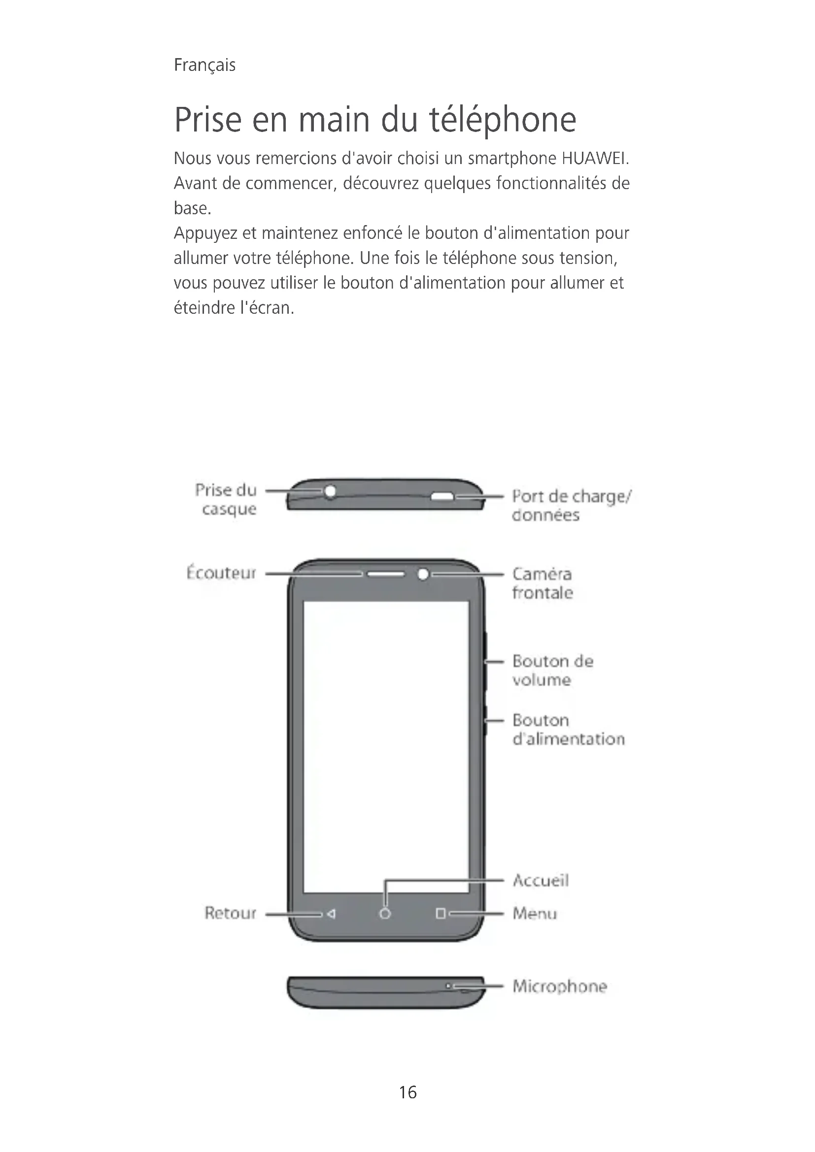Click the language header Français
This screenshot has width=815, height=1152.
pos(204,65)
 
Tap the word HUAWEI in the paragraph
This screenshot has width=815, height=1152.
pos(595,159)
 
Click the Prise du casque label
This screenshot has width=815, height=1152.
pos(226,499)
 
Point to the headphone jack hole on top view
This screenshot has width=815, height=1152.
pos(330,491)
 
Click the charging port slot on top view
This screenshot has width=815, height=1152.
pos(442,497)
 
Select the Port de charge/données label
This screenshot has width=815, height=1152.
pos(571,505)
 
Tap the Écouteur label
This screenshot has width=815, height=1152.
pos(221,573)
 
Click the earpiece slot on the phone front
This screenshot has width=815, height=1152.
pos(385,574)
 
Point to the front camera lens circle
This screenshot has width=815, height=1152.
pos(423,574)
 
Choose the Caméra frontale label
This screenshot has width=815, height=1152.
pos(542,583)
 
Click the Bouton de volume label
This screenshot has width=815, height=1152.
pos(552,670)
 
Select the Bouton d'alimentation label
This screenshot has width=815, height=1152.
pos(568,729)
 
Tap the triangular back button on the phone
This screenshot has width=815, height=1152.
pos(331,914)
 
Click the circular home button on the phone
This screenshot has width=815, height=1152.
pos(385,914)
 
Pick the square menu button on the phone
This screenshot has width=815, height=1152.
pos(441,914)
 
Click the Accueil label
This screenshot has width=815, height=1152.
pos(541,880)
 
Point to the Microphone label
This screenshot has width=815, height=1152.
pos(560,986)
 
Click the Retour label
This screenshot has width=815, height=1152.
pos(230,913)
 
